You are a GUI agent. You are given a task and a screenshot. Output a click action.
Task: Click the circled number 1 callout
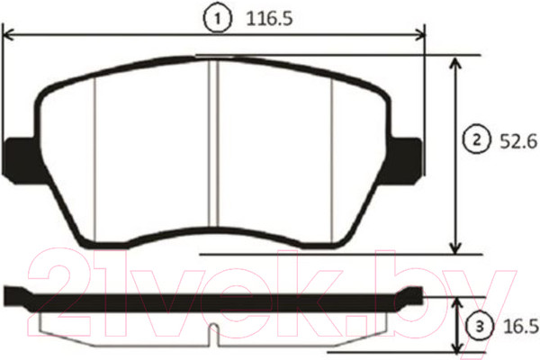tap(217, 19)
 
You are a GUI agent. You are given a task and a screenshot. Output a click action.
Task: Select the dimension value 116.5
tap(270, 19)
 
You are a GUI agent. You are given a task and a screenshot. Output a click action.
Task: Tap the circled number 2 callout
tap(477, 140)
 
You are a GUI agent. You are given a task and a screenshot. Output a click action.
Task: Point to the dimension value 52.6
tap(518, 141)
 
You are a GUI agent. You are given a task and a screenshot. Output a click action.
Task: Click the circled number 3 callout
tap(480, 326)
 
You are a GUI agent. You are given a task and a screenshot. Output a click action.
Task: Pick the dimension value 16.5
tap(521, 327)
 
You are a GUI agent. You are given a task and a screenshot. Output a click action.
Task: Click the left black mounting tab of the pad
tap(22, 160)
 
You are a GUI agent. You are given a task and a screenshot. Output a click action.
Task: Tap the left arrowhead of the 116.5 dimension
tap(8, 35)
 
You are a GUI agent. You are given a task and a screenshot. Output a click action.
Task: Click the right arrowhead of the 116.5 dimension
tap(419, 35)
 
